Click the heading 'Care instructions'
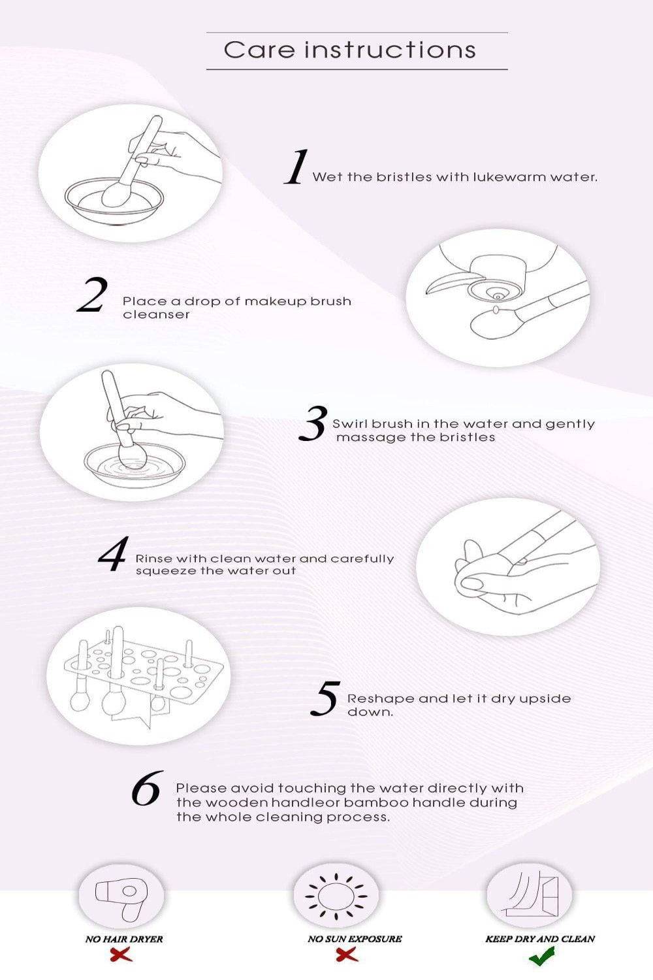click(x=350, y=50)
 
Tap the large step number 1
click(x=296, y=167)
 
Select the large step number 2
click(x=91, y=295)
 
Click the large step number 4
click(x=113, y=554)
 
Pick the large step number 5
click(x=325, y=698)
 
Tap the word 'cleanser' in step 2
click(x=156, y=314)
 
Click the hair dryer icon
click(x=121, y=898)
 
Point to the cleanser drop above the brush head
click(x=496, y=310)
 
